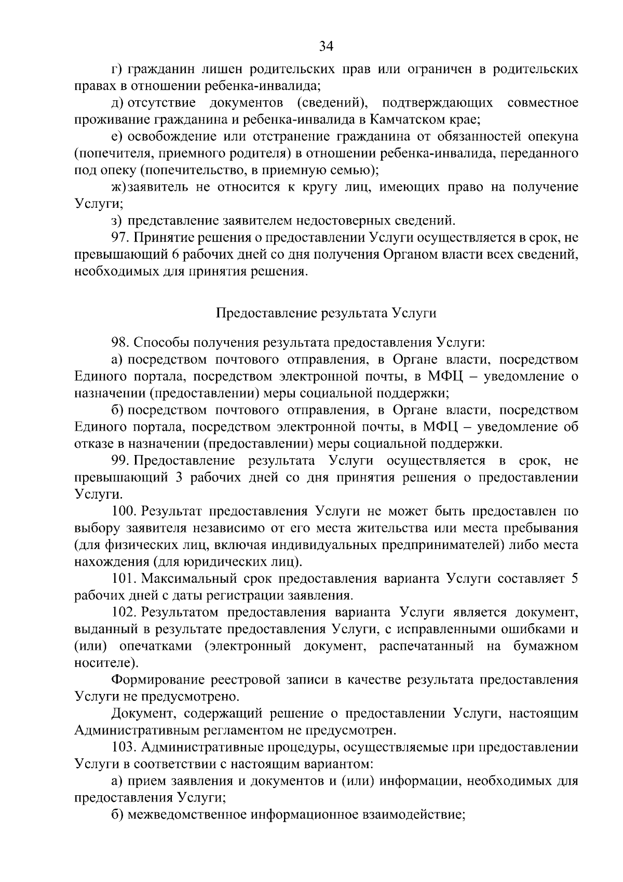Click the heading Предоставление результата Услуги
click(326, 313)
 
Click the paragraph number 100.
click(124, 511)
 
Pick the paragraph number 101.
click(124, 579)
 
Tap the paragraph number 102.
click(124, 612)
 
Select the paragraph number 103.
click(124, 747)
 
